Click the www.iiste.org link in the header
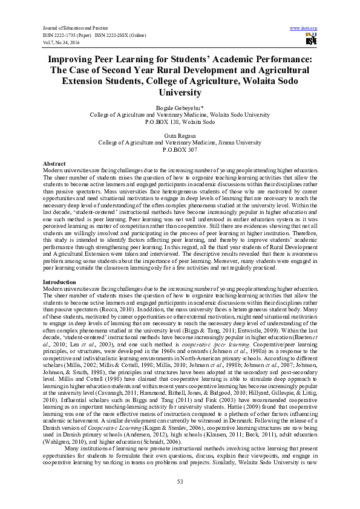point(304,28)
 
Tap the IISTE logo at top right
point(311,41)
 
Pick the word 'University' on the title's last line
point(180,92)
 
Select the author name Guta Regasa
point(180,137)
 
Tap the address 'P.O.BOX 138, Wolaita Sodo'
point(180,122)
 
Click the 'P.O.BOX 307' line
point(180,151)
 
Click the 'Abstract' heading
point(54,164)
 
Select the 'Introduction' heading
point(59,282)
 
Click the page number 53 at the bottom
point(180,481)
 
